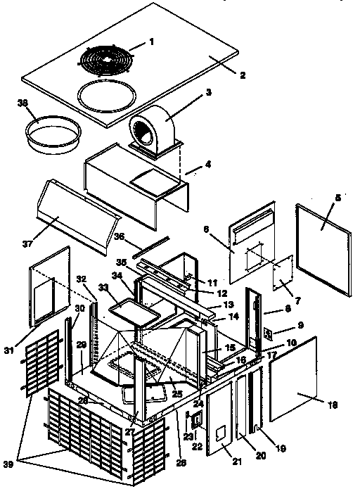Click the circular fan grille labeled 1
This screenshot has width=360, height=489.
tap(107, 58)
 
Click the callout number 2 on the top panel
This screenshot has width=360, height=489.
tap(241, 75)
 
